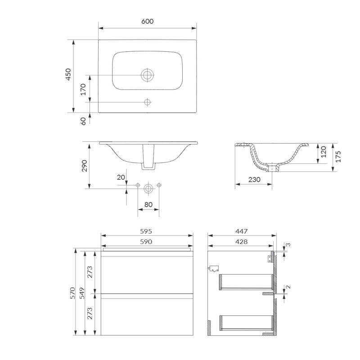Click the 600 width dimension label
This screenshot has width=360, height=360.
coord(147,21)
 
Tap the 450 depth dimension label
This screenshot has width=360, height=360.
coord(68,74)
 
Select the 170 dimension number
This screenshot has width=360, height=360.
coord(83,89)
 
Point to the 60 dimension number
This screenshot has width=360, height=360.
coord(83,121)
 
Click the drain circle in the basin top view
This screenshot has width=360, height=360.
coord(147,75)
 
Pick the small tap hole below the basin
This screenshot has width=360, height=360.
coord(147,102)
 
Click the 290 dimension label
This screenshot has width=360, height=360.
coord(84,166)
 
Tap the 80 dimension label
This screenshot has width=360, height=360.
coord(148,204)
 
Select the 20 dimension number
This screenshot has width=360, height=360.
coord(121,177)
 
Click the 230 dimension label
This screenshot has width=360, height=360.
coord(254,180)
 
